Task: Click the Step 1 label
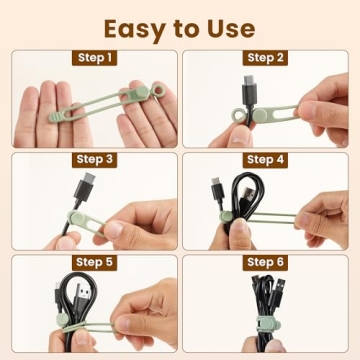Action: click(95, 58)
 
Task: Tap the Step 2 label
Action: click(265, 58)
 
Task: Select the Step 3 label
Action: click(95, 159)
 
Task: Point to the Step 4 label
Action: click(265, 159)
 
